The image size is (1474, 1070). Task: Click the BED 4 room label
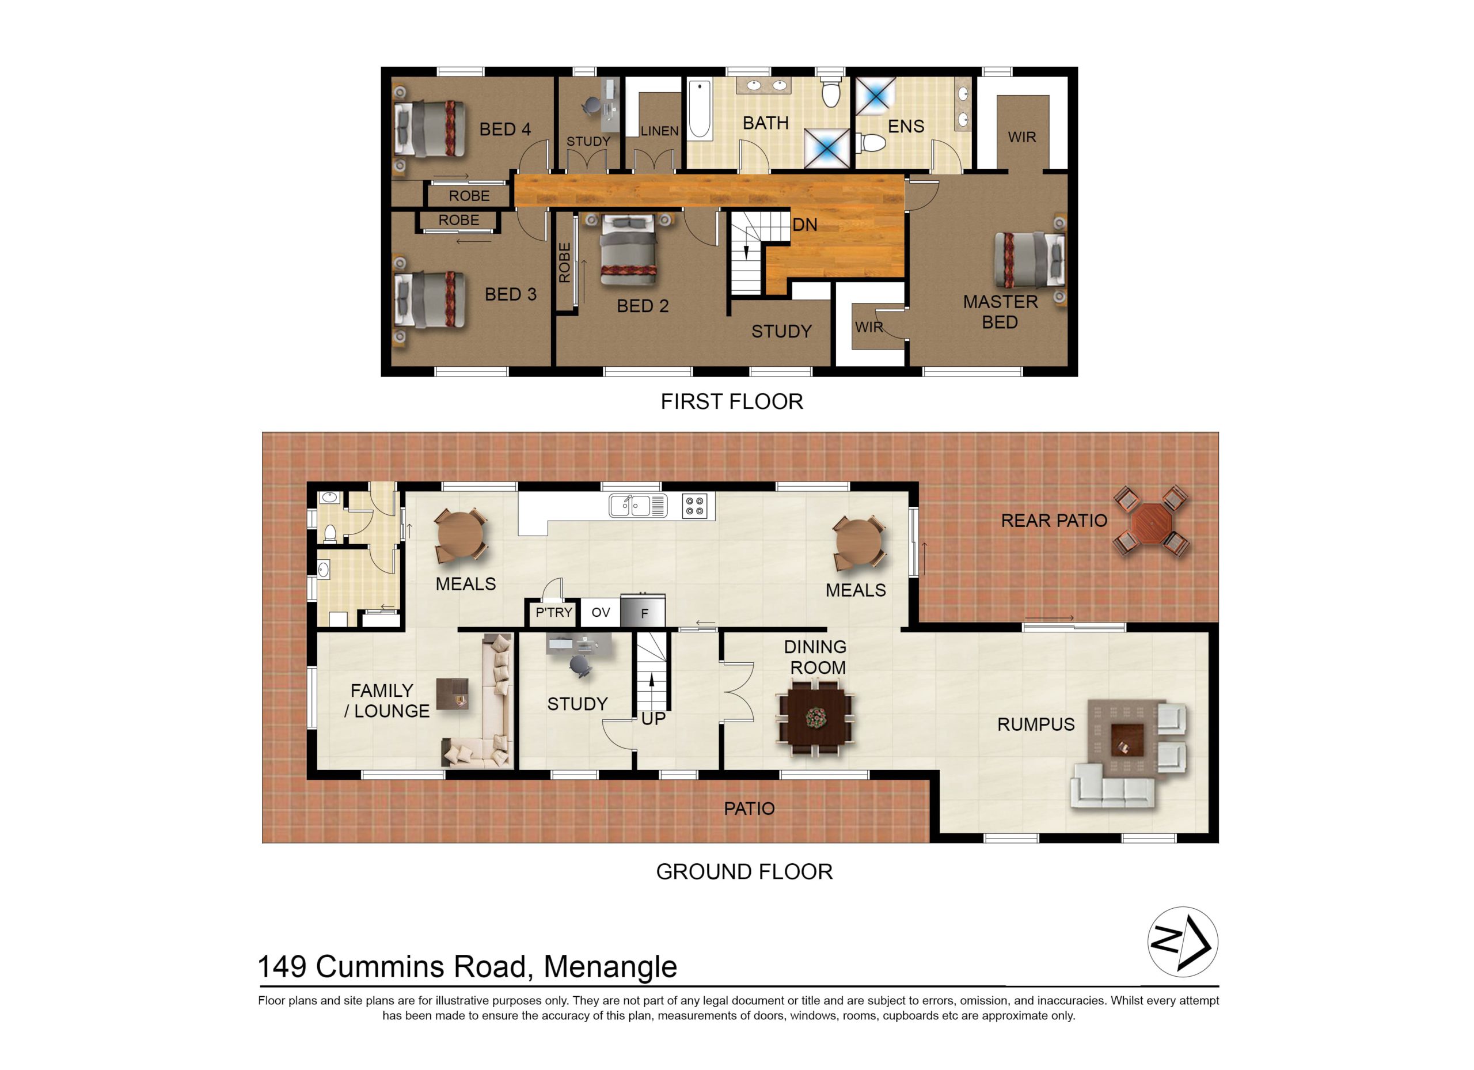pos(505,130)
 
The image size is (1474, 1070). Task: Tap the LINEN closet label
pos(660,131)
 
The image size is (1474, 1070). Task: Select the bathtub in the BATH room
pos(700,109)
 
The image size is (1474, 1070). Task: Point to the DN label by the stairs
pos(804,225)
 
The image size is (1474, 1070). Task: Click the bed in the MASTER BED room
pos(1030,260)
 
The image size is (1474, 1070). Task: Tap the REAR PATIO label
pos(1054,521)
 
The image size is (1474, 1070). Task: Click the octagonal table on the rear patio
pos(1151,522)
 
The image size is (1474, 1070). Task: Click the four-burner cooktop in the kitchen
pos(695,506)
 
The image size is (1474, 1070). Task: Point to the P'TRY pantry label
pos(554,612)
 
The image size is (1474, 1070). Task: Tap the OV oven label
pos(601,612)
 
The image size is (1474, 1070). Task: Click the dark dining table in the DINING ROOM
pos(815,716)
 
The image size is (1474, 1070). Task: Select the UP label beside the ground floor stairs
pos(653,719)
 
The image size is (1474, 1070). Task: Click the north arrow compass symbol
pos(1183,942)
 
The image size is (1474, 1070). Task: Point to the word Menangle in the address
pos(610,967)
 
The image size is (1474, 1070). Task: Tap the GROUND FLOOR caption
pos(744,872)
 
